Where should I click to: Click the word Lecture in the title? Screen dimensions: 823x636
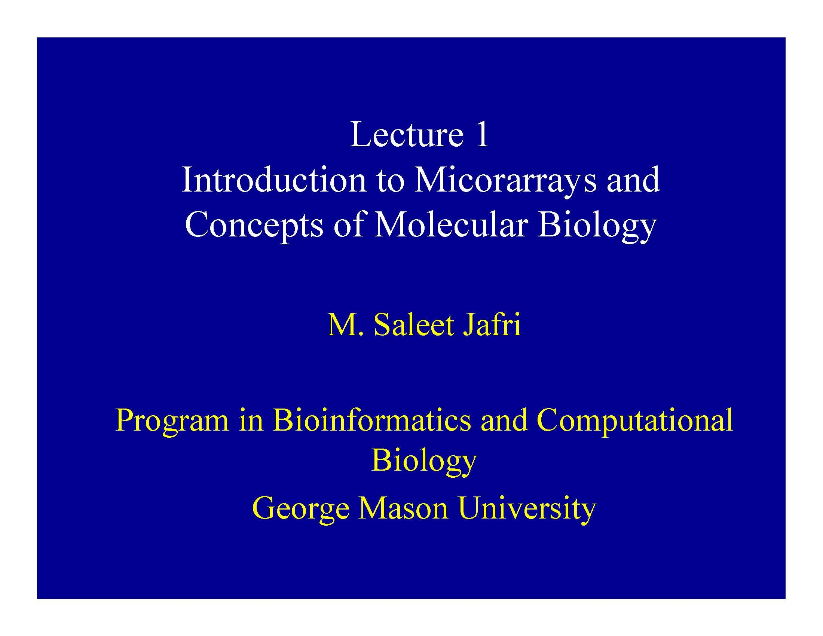pyautogui.click(x=407, y=135)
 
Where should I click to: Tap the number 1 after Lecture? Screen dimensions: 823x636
pyautogui.click(x=481, y=135)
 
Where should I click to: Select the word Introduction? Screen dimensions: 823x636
pyautogui.click(x=274, y=180)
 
